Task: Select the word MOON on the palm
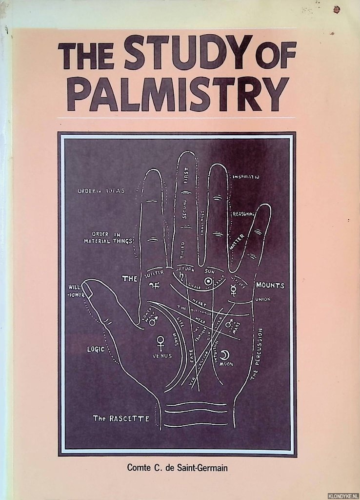(x=225, y=364)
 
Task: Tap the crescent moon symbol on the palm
(x=225, y=354)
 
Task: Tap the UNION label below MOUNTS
(x=262, y=299)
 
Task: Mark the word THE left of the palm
(x=129, y=279)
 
